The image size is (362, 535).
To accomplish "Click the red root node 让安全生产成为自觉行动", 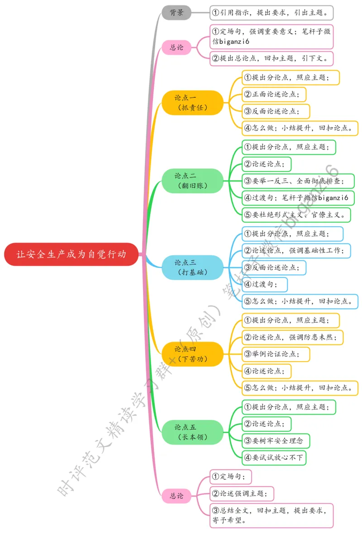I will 71,254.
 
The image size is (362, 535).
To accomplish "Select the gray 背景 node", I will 176,12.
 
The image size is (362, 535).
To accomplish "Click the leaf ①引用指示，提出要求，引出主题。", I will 271,12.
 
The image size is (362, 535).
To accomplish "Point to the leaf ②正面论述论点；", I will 274,95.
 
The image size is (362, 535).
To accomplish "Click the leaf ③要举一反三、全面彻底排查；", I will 297,181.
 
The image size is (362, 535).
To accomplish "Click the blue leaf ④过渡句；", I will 265,284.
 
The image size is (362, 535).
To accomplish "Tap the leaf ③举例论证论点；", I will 276,354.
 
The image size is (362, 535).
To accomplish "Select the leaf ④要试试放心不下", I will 274,458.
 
